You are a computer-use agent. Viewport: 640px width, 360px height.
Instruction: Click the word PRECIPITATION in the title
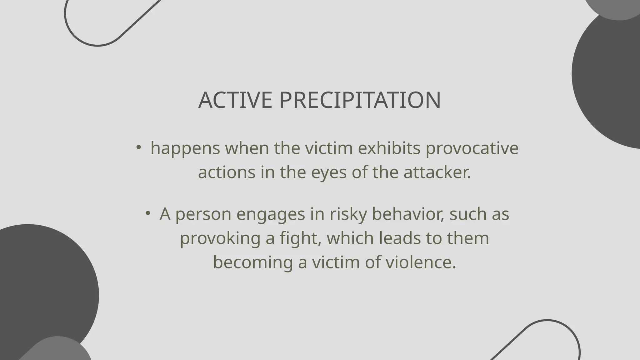pos(360,100)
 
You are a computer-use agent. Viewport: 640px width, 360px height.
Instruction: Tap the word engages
pos(271,214)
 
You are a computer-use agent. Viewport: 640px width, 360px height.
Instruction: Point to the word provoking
pos(220,238)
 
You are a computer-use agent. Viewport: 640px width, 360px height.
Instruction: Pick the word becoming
pos(253,262)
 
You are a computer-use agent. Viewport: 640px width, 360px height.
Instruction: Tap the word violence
pos(421,262)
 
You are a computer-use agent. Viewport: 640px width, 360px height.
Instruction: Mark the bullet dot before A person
pos(148,213)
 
